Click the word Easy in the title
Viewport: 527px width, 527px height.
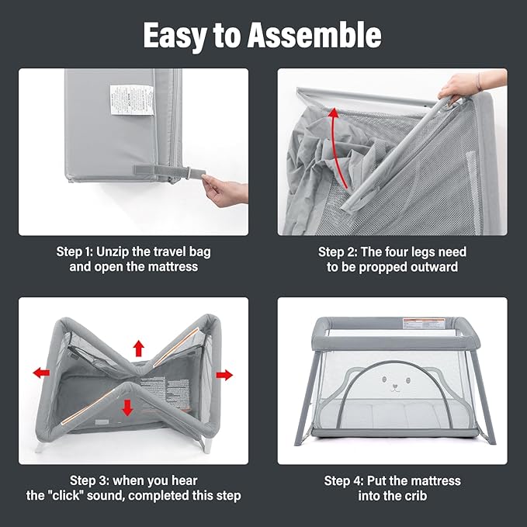(x=179, y=35)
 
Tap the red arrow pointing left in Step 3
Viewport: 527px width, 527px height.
(x=41, y=373)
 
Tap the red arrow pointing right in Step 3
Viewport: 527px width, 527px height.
(x=224, y=375)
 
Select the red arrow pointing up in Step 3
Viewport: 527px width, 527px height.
(x=138, y=348)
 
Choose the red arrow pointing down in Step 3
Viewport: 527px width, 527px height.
(x=127, y=407)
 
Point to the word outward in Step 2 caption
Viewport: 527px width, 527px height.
(x=433, y=268)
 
